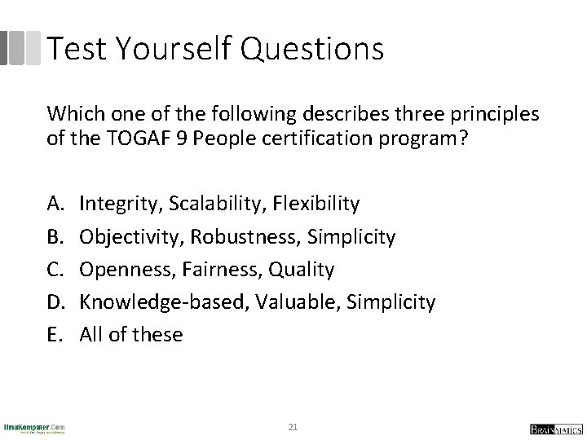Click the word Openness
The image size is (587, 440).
(x=120, y=268)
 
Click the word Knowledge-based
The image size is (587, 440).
(x=145, y=302)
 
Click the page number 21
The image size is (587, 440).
(x=293, y=427)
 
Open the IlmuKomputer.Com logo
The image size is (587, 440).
(x=34, y=427)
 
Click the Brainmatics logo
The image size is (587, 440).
(x=551, y=428)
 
